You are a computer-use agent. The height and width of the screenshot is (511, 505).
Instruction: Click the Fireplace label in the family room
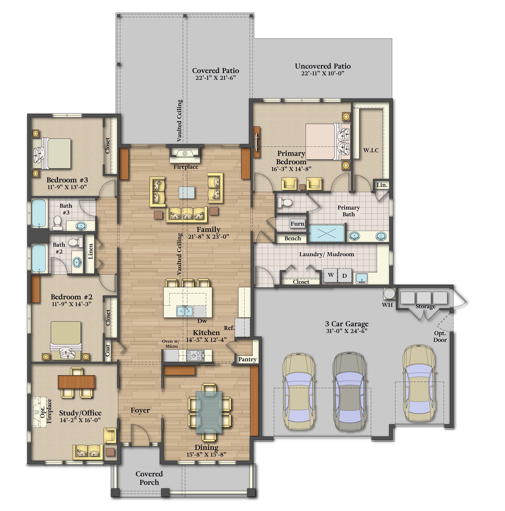coord(186,167)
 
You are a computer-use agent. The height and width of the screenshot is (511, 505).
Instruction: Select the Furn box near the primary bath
coord(297,224)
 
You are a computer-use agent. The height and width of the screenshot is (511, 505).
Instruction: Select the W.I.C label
coord(371,150)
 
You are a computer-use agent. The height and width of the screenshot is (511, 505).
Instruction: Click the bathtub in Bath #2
coord(39,258)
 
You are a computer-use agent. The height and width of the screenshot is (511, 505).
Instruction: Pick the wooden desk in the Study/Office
coord(76,382)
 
